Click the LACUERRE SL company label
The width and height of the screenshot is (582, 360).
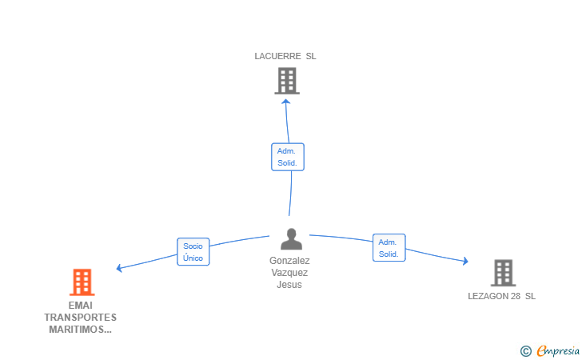285,56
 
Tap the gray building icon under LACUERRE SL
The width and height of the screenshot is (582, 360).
287,81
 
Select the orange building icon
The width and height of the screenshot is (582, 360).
82,282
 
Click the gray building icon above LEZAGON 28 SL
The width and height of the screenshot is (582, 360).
504,273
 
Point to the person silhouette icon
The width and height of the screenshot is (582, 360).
291,239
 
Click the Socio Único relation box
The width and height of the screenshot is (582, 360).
193,252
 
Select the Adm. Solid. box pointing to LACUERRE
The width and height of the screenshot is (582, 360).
288,157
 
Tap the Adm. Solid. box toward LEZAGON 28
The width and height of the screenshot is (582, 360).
389,248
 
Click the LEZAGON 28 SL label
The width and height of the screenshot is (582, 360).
501,296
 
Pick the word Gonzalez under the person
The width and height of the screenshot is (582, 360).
289,261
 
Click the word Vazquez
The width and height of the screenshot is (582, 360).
289,273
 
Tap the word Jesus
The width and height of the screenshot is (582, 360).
289,285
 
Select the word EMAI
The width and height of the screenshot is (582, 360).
81,306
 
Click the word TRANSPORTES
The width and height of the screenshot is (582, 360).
81,318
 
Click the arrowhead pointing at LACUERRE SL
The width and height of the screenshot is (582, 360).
285,102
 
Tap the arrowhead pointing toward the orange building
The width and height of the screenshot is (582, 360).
119,268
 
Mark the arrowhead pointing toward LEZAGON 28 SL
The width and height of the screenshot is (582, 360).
465,261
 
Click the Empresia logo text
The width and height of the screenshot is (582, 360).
558,350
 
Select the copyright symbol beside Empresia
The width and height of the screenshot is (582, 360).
526,351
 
